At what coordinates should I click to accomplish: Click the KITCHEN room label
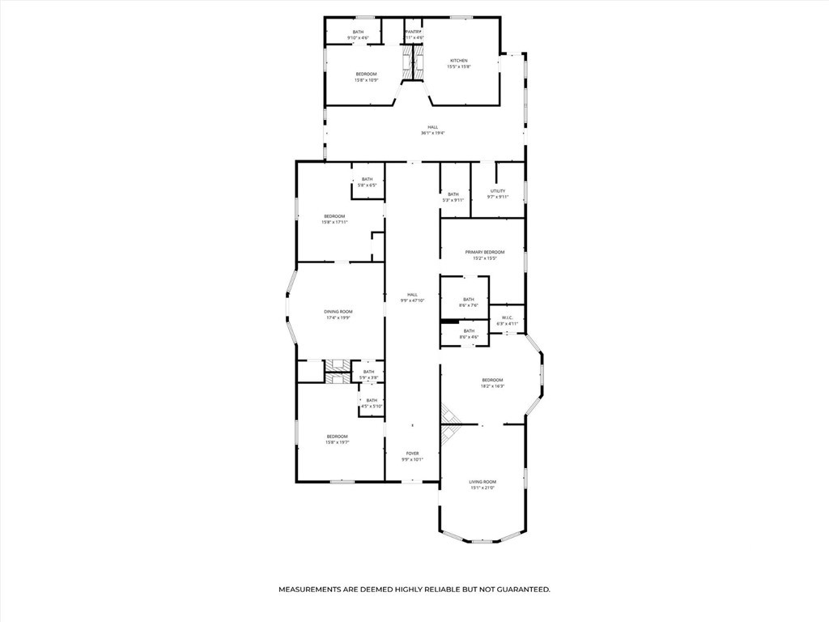pos(459,61)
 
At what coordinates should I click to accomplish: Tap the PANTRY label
pos(413,32)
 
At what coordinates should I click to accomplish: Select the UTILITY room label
pos(498,191)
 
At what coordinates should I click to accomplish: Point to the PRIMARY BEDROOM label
pos(484,252)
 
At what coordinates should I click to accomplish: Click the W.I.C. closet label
pos(508,317)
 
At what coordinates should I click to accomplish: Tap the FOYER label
pos(412,454)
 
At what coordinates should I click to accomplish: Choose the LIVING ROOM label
pos(483,482)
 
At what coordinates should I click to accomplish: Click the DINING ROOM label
pos(338,312)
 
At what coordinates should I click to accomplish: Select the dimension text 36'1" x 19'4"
pos(433,133)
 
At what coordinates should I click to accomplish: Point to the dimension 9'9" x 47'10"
pos(413,300)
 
